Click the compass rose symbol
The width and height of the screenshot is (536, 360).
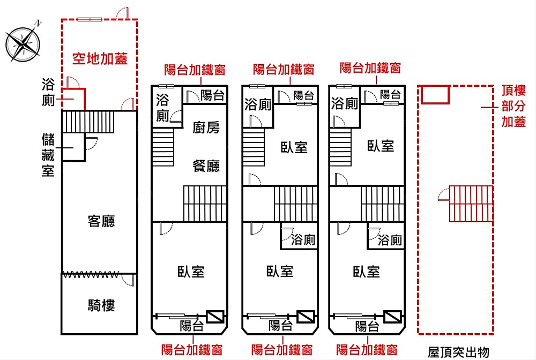(23, 43)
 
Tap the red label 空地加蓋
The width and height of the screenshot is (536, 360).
(100, 58)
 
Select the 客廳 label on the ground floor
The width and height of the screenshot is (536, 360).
(101, 221)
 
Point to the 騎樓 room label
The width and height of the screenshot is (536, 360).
(101, 305)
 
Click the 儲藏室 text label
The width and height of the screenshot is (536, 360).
(48, 155)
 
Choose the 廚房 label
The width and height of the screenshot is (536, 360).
(206, 127)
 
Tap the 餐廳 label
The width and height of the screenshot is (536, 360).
(206, 166)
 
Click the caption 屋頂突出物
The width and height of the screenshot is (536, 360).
(458, 352)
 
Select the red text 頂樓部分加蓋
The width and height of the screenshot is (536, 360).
(513, 106)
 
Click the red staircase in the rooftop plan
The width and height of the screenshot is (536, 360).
(471, 204)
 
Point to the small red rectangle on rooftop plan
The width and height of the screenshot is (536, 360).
(435, 94)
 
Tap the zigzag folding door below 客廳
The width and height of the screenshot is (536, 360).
(91, 274)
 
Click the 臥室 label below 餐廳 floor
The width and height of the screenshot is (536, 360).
(191, 272)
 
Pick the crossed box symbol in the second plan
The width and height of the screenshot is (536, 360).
(215, 317)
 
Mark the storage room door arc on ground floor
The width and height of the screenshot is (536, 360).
(91, 143)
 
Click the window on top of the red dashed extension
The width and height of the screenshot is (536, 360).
(90, 19)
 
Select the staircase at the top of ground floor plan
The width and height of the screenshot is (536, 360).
(88, 122)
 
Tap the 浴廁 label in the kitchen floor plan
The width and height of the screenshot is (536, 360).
(162, 108)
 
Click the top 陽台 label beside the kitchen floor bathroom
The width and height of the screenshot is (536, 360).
(212, 95)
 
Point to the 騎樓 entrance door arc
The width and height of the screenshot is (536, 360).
(128, 280)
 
